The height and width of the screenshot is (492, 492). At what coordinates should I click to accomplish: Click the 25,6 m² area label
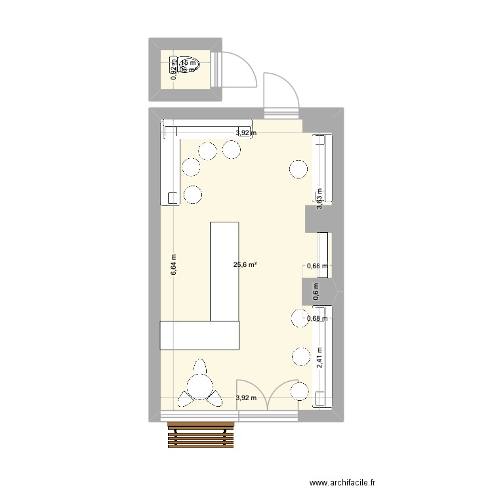click(x=245, y=265)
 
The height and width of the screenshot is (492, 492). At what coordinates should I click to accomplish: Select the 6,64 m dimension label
click(x=174, y=265)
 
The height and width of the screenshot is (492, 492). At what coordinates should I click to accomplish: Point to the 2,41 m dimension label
click(x=319, y=357)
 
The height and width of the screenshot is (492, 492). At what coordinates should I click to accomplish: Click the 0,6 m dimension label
click(x=316, y=291)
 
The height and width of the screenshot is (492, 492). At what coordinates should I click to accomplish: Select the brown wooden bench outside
click(x=201, y=435)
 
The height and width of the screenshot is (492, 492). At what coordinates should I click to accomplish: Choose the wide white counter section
click(x=199, y=336)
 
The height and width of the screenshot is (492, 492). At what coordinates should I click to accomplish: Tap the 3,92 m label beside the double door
click(x=247, y=398)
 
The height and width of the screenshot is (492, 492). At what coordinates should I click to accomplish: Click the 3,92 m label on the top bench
click(x=246, y=133)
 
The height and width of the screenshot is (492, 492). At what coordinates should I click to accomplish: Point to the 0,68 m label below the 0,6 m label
click(x=317, y=319)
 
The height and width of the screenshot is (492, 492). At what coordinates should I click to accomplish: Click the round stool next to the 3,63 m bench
click(x=298, y=169)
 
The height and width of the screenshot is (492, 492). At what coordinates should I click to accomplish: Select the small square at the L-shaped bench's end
click(x=173, y=197)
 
